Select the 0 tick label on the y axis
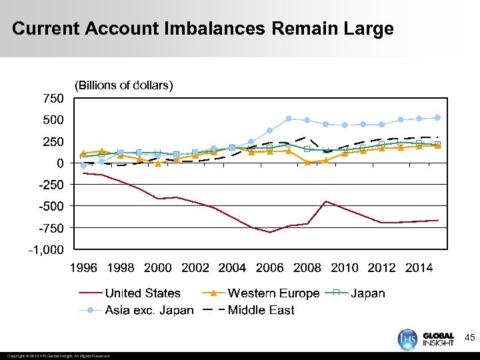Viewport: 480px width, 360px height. [x=59, y=163]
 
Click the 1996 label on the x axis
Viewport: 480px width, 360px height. [x=83, y=268]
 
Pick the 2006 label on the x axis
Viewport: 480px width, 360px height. [x=270, y=268]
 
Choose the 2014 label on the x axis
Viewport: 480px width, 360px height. [x=419, y=268]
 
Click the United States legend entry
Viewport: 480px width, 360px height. [x=143, y=293]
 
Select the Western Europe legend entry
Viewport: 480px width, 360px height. [x=273, y=293]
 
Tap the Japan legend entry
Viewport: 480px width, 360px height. [x=367, y=293]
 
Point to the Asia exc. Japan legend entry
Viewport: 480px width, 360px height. [x=149, y=310]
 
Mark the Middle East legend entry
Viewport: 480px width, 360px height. [x=261, y=310]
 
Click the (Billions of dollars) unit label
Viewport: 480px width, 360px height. [x=124, y=85]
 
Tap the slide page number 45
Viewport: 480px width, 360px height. [x=469, y=338]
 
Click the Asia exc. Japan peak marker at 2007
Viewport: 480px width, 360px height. [x=289, y=119]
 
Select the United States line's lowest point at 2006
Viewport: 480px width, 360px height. [x=270, y=232]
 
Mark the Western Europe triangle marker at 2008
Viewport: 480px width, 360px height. [x=307, y=162]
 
